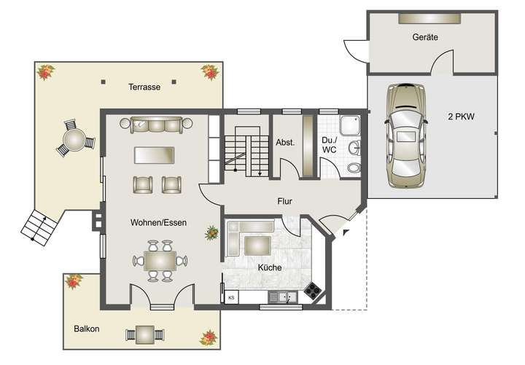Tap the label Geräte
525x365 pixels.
[x=424, y=37]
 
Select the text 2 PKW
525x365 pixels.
[x=461, y=117]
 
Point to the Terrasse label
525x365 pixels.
[x=144, y=87]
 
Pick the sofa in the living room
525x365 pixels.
[x=155, y=125]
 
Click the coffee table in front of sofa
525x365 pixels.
[x=155, y=155]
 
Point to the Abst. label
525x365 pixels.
[x=285, y=143]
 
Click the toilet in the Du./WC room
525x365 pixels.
[x=354, y=168]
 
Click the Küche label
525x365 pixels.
[x=269, y=267]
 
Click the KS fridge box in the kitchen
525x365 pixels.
[x=232, y=297]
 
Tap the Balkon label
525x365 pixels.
[x=86, y=329]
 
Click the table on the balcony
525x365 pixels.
[x=144, y=334]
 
